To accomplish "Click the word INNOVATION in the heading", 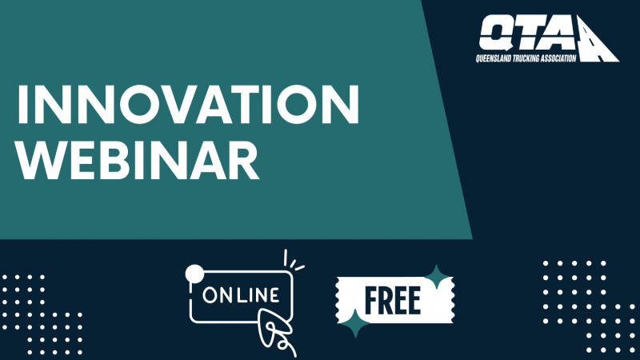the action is pyautogui.click(x=188, y=105).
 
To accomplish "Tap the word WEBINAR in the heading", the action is pyautogui.click(x=138, y=161).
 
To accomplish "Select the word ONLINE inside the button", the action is pyautogui.click(x=241, y=295).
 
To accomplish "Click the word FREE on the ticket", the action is pyautogui.click(x=392, y=301).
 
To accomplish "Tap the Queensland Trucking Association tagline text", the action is pyautogui.click(x=526, y=58).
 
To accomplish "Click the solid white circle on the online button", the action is pyautogui.click(x=194, y=274).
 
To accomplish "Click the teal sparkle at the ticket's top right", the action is pyautogui.click(x=437, y=277).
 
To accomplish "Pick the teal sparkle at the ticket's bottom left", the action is pyautogui.click(x=355, y=323).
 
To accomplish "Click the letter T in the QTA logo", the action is pyautogui.click(x=526, y=35).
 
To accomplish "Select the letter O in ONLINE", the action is pyautogui.click(x=210, y=295).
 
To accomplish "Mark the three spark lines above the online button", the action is pyautogui.click(x=293, y=262).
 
